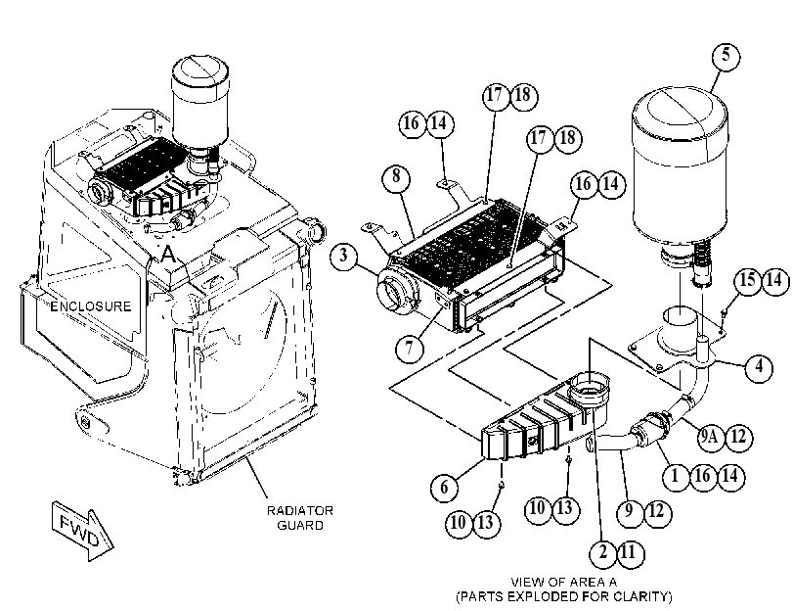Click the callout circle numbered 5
point(726,55)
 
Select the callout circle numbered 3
point(344,255)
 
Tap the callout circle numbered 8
point(396,177)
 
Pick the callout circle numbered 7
point(409,348)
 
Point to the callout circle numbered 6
point(444,488)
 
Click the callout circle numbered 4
point(759,366)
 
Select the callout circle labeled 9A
point(711,436)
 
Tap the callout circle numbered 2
point(603,552)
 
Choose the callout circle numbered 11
point(630,552)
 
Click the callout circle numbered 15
point(747,280)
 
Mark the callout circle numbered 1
point(674,476)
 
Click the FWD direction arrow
point(83,531)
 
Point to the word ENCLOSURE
point(91,306)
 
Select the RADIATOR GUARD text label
point(300,518)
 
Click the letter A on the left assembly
point(168,254)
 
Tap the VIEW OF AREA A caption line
point(563,582)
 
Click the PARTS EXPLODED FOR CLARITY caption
point(564,597)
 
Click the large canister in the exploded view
point(681,171)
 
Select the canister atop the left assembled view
point(200,101)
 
